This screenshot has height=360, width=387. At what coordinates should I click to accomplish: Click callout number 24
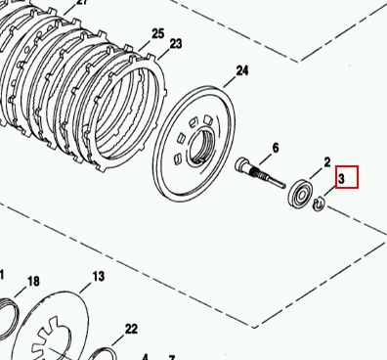click(242, 70)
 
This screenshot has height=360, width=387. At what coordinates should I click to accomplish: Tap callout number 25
click(158, 34)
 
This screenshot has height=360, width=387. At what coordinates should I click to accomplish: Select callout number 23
click(176, 43)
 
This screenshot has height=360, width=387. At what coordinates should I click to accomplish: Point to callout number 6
click(276, 149)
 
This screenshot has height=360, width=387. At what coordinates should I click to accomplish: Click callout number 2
click(327, 162)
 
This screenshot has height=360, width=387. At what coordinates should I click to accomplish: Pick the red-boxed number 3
click(341, 178)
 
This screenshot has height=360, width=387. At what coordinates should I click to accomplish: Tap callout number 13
click(99, 277)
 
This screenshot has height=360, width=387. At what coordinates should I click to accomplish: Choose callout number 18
click(33, 281)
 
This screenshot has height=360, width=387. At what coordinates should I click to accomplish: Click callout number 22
click(131, 329)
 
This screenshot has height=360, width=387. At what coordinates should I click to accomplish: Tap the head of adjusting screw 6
click(242, 164)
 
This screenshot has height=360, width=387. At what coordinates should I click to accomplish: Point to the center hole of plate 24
click(201, 146)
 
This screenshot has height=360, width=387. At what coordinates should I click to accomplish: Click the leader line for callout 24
click(230, 82)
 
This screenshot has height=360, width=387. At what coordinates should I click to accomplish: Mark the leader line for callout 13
click(86, 287)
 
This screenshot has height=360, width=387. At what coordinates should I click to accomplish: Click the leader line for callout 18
click(21, 292)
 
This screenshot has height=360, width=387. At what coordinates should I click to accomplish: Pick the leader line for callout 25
click(146, 45)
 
